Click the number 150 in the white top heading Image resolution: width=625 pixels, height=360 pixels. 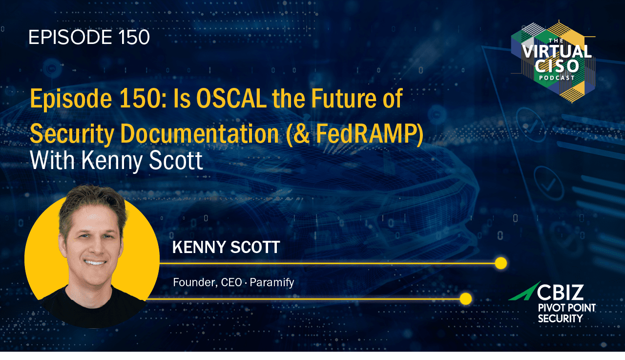[x=134, y=37]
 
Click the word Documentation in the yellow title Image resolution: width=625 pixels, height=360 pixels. [x=200, y=133]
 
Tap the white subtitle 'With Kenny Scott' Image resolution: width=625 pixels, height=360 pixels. [x=116, y=161]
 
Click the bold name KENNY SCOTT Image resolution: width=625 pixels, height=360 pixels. [x=226, y=247]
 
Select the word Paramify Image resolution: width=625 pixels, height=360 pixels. [x=272, y=283]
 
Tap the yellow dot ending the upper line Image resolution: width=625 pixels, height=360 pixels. [x=501, y=263]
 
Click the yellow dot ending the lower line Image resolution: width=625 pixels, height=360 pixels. [x=465, y=299]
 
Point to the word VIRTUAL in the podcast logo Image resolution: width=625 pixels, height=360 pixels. [x=557, y=52]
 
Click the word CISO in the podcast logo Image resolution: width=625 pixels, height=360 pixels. [x=557, y=66]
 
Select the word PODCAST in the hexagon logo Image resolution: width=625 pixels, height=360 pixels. [x=557, y=78]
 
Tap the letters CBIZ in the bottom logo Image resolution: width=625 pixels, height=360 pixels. [x=560, y=292]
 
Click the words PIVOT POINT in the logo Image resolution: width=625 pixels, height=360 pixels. [x=567, y=308]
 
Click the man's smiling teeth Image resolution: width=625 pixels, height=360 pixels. [x=95, y=263]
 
